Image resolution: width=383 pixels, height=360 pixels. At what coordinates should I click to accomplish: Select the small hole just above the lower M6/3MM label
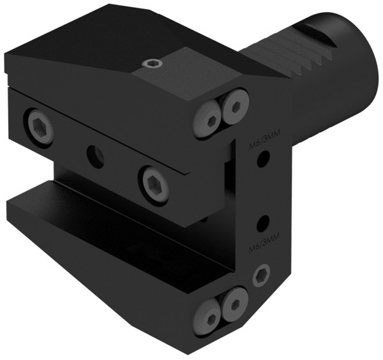point(261,223)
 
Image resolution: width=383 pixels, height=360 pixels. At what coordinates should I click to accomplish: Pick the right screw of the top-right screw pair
point(237,104)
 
